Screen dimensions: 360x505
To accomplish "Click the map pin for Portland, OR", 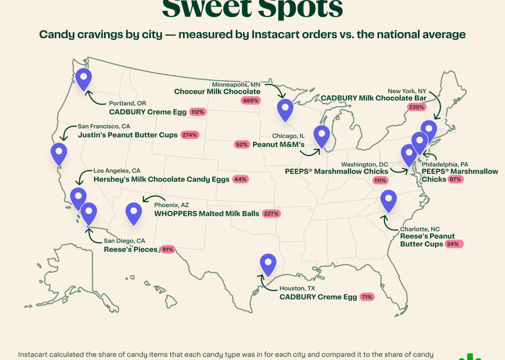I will [83, 78].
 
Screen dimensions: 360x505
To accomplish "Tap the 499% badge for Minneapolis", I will [250, 100].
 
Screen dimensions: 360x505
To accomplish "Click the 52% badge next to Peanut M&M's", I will [241, 145].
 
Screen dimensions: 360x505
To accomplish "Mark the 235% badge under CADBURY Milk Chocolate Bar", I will [416, 107].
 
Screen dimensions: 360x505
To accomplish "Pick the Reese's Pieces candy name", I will [130, 249].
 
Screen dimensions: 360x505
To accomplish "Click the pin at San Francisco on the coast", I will [59, 153].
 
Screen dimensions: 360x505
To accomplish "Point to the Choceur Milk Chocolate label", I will [217, 92].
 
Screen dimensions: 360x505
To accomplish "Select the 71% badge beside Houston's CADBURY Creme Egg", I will [367, 297].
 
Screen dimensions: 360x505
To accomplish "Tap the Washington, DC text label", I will [365, 164].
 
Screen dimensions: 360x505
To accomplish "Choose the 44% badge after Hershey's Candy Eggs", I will [240, 179].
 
